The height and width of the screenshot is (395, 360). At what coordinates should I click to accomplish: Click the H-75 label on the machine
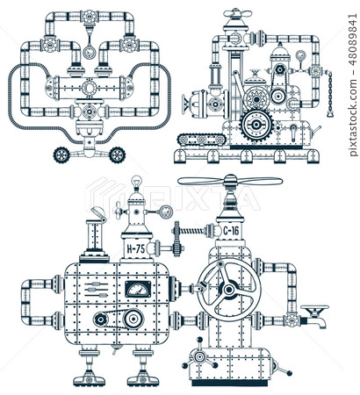tap(134, 249)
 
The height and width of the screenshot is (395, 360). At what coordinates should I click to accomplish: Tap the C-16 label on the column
tap(231, 231)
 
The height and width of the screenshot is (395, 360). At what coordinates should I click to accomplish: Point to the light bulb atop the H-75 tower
tap(136, 183)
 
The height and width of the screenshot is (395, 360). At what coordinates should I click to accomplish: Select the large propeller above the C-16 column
tap(230, 183)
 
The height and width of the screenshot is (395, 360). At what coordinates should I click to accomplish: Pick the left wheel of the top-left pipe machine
tap(61, 154)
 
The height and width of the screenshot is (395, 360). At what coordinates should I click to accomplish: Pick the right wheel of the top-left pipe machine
tap(116, 154)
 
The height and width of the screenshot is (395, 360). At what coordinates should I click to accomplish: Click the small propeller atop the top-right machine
tap(236, 14)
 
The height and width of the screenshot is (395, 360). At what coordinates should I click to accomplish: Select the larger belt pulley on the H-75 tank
tap(132, 319)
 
